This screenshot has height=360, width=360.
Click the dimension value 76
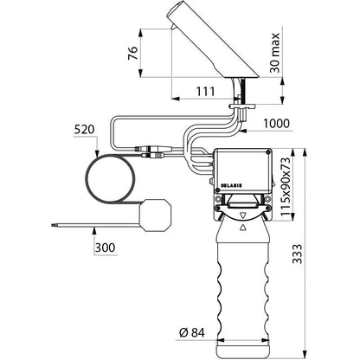coord(133,53)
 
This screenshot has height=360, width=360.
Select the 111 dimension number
coord(206,92)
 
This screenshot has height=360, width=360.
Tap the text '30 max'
coord(275,53)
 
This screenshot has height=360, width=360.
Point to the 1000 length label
coord(276,124)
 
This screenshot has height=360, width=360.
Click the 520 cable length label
coord(84,130)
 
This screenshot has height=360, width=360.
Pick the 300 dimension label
coord(105,247)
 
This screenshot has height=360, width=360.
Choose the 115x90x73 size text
coord(286,187)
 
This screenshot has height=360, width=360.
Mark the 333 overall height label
coord(298,254)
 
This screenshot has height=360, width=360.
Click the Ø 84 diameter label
coord(192,332)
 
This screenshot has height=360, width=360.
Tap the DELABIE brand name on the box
coord(231,185)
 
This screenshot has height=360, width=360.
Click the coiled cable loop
coord(110,179)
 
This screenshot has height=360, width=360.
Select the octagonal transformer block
coord(155,215)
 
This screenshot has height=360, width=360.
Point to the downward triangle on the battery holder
coord(243,215)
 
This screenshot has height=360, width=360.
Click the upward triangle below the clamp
coord(243,227)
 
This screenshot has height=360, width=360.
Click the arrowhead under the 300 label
coord(93,230)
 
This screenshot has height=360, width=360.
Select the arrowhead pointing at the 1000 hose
coord(242,131)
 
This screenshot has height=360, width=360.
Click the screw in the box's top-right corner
coord(269,151)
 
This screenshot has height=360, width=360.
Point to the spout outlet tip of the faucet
coord(172,28)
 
